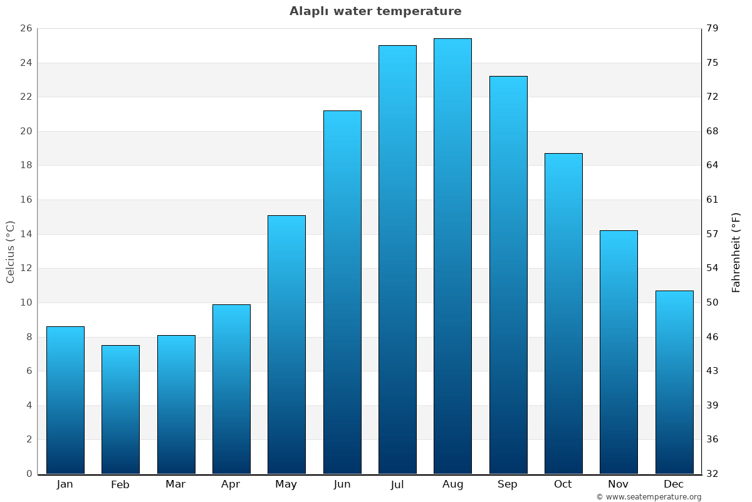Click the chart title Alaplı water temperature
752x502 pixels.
tap(375, 11)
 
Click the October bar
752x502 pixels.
tap(563, 313)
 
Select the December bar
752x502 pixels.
tap(674, 382)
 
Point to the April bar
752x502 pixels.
tap(231, 389)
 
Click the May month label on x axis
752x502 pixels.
tap(286, 484)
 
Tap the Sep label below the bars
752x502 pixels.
tap(508, 484)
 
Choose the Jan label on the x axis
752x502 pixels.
tap(65, 484)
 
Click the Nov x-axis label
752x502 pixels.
tap(619, 484)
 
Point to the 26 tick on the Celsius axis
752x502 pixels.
tap(26, 29)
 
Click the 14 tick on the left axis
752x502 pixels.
tap(26, 234)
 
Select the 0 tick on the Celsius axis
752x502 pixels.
tap(29, 474)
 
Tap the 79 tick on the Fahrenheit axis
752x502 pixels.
tap(713, 29)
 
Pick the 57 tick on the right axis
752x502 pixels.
tap(713, 234)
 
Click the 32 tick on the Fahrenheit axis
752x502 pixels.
tap(713, 474)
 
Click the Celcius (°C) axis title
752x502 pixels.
tap(10, 252)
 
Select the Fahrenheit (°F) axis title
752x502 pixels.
tap(736, 252)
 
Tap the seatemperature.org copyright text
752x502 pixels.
tap(649, 497)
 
